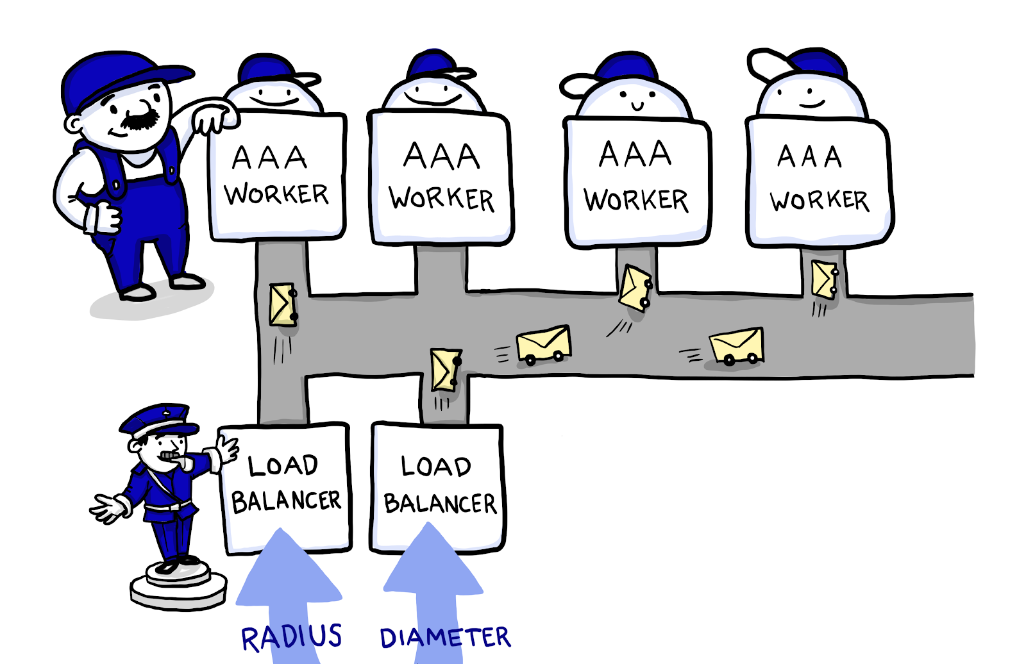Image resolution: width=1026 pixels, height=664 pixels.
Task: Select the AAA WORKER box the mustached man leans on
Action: [x=277, y=176]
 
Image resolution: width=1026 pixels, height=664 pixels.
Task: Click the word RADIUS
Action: [x=292, y=637]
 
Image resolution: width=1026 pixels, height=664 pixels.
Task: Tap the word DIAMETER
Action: [x=445, y=638]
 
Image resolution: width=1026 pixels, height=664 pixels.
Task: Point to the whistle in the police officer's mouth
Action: [x=172, y=457]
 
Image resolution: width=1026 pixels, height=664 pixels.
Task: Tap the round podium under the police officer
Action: [x=178, y=586]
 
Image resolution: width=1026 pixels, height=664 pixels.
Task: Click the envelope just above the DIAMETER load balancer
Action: [x=445, y=370]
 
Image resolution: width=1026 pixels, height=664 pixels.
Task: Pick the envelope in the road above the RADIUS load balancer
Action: [x=283, y=305]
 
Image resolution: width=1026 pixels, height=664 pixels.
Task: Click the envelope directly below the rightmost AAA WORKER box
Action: [x=824, y=279]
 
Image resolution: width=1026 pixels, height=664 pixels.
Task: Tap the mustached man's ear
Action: [x=74, y=124]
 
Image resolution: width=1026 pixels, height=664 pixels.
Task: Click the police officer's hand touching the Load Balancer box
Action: [x=227, y=448]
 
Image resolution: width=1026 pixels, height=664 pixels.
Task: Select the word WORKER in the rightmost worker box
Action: [x=820, y=201]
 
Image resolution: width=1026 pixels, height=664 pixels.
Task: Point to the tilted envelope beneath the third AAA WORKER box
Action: [x=635, y=288]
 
